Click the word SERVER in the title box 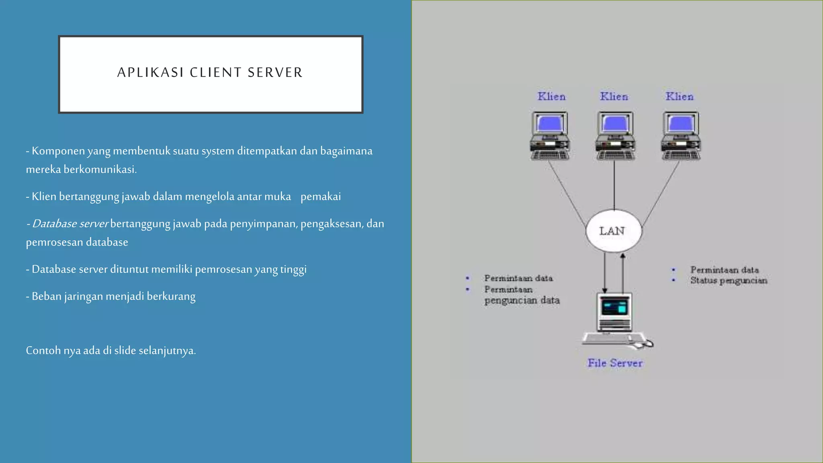275,73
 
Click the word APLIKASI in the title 150,73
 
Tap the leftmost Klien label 551,97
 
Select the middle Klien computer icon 614,136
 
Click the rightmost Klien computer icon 681,136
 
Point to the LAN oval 613,231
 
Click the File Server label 615,363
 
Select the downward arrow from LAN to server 604,273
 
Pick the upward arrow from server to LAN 623,273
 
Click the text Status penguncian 729,281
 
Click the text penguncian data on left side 522,301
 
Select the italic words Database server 70,224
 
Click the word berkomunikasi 100,170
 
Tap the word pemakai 320,197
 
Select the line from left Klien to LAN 567,193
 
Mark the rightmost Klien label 679,97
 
